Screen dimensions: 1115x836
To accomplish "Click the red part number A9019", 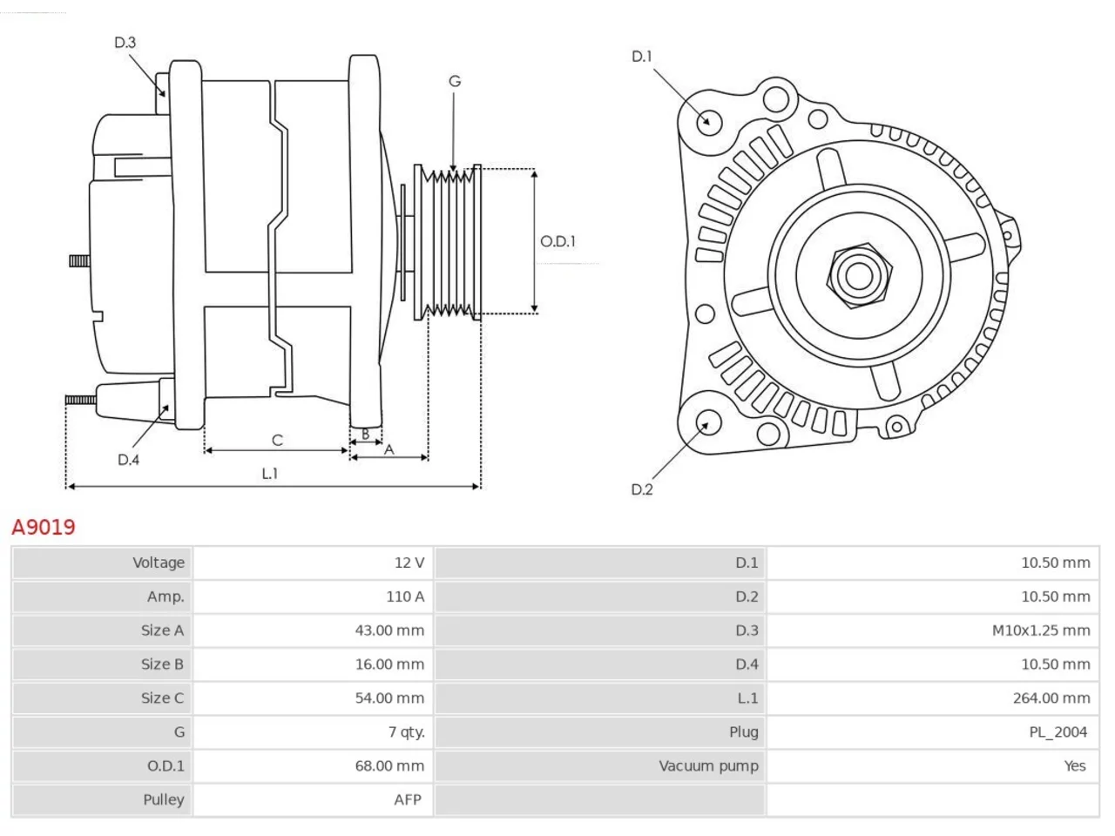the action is pyautogui.click(x=44, y=528).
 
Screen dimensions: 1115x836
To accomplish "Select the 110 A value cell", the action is pyautogui.click(x=405, y=597).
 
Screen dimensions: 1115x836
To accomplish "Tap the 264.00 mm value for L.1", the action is pyautogui.click(x=1051, y=698).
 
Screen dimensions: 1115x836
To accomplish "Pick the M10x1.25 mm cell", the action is pyautogui.click(x=1041, y=630).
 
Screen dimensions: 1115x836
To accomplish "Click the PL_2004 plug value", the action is pyautogui.click(x=1058, y=732).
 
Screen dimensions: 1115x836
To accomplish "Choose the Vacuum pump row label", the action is pyautogui.click(x=708, y=766).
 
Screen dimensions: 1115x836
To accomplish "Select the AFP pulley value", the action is pyautogui.click(x=408, y=800).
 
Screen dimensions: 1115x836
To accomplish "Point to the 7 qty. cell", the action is pyautogui.click(x=407, y=732).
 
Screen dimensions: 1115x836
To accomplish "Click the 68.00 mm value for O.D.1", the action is pyautogui.click(x=389, y=766).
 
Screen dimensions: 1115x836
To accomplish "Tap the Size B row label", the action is pyautogui.click(x=162, y=664).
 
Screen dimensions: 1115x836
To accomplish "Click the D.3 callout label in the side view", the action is pyautogui.click(x=125, y=42).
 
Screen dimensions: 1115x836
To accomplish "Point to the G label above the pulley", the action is pyautogui.click(x=455, y=81).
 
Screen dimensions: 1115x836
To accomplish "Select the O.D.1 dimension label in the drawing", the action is pyautogui.click(x=557, y=241).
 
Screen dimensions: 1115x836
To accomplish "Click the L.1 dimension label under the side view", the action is pyautogui.click(x=270, y=474).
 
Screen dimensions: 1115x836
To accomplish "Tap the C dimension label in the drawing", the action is pyautogui.click(x=277, y=440).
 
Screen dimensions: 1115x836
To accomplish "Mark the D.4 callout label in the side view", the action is pyautogui.click(x=129, y=460).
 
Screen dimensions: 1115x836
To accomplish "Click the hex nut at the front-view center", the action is pyautogui.click(x=859, y=276).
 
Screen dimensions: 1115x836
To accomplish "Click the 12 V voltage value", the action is pyautogui.click(x=409, y=563).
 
